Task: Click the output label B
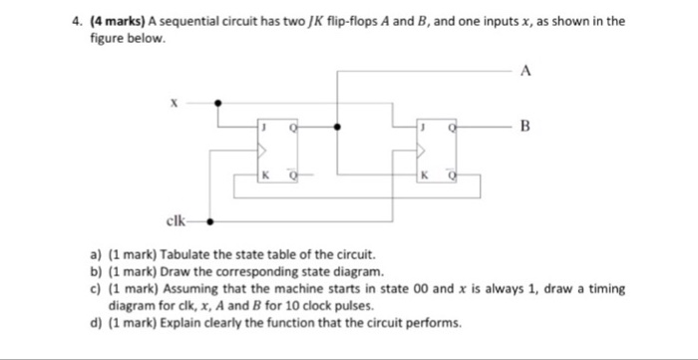pyautogui.click(x=525, y=128)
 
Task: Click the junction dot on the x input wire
pyautogui.click(x=219, y=102)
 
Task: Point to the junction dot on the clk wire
pyautogui.click(x=208, y=223)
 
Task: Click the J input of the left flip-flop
pyautogui.click(x=263, y=129)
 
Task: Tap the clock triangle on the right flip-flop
pyautogui.click(x=424, y=152)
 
